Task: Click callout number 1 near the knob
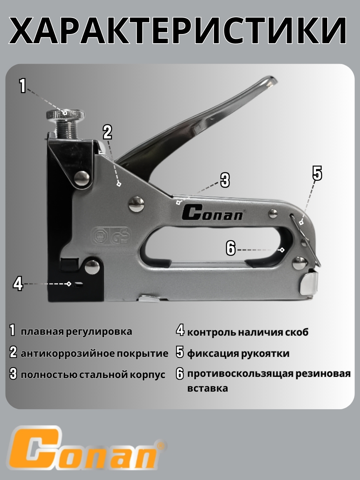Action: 23,86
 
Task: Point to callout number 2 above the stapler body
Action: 107,132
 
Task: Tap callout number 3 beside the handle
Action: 225,180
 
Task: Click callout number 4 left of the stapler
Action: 18,284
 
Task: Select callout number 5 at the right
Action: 317,173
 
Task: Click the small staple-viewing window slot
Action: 79,284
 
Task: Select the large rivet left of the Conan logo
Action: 136,204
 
